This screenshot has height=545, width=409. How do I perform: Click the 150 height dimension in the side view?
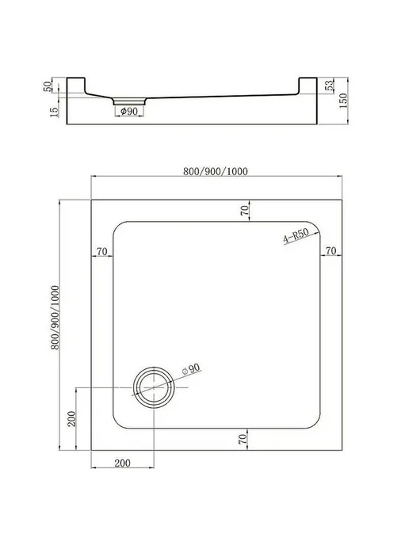pos(343,101)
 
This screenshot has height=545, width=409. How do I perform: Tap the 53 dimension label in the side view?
pos(329,86)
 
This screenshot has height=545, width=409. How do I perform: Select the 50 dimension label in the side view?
pos(48,86)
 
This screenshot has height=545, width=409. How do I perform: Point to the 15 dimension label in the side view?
pos(54,112)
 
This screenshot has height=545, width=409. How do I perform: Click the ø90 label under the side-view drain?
pos(129,111)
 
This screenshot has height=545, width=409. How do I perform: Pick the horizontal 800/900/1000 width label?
pos(216,171)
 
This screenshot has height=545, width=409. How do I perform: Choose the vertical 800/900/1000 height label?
pos(55,318)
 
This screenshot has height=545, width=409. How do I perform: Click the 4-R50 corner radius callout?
pos(296,237)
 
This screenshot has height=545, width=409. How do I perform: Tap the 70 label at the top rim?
pos(245,210)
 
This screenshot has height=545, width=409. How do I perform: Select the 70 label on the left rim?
pos(102,251)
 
